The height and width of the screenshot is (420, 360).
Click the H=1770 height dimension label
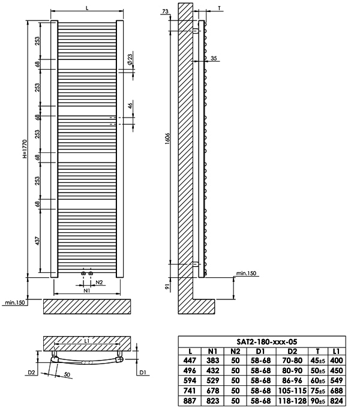pos(25,149)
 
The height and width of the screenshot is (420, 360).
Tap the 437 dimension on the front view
pos(37,241)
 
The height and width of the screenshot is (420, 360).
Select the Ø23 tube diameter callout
pos(130,59)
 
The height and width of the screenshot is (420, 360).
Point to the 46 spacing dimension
pos(130,106)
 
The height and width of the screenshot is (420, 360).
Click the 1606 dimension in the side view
pos(167,139)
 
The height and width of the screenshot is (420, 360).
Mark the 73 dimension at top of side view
pos(165,11)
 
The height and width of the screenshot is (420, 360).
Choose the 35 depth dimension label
pos(214,58)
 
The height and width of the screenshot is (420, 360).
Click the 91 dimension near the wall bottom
pos(167,287)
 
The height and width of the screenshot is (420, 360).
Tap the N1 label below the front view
pos(87,290)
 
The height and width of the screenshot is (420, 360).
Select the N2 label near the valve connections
pos(100,282)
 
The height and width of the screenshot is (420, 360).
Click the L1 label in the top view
pos(87,341)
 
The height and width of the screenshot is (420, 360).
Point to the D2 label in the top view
pos(32,372)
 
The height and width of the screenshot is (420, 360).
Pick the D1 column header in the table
pos(260,351)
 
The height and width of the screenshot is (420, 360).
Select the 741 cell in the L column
pos(190,391)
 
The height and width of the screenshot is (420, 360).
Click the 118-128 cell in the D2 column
pos(292,401)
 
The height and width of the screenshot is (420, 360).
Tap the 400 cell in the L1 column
pos(337,361)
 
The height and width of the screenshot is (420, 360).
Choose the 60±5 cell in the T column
pos(317,380)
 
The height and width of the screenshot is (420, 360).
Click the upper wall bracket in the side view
pos(196,31)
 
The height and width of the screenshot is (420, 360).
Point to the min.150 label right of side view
pos(246,273)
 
